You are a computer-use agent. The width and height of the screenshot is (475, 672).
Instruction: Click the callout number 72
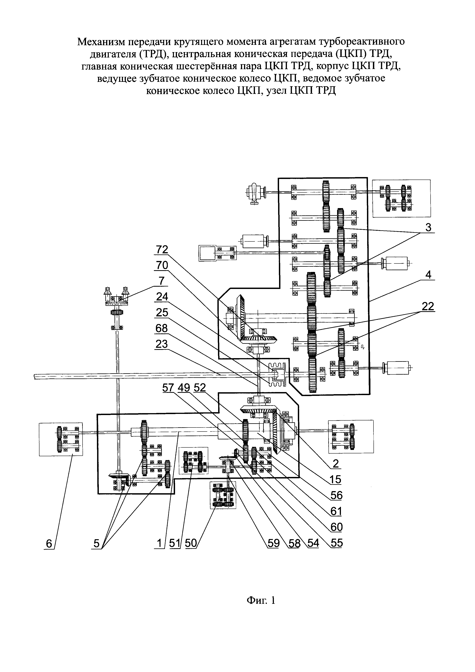tap(162, 250)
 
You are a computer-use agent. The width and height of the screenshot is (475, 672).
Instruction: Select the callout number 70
tap(162, 265)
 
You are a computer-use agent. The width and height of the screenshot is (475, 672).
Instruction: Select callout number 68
tap(162, 328)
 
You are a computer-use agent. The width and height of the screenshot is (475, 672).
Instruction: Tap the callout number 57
tap(169, 388)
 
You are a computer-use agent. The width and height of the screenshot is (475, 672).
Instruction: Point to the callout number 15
tap(336, 479)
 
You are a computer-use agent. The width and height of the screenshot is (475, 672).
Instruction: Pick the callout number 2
tap(336, 464)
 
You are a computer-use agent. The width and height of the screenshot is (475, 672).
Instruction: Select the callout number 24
tap(162, 297)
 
